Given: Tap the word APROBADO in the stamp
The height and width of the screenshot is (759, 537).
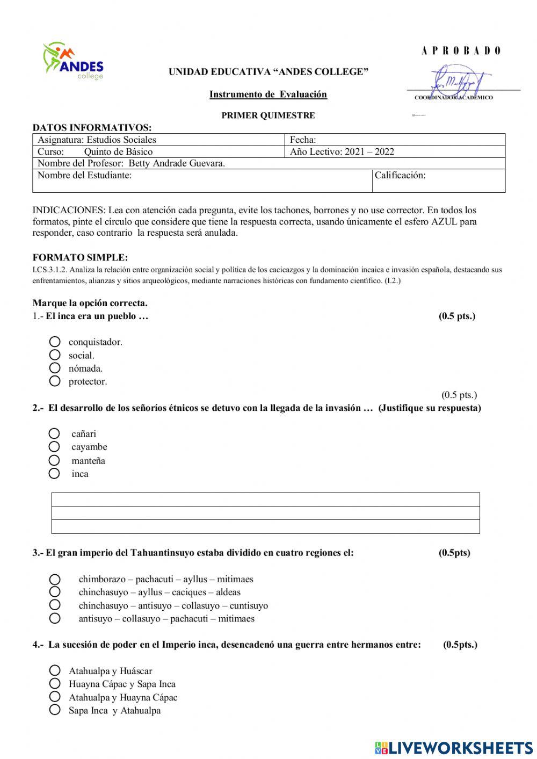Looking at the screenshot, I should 461,51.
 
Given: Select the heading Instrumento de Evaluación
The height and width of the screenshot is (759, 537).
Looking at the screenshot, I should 268,95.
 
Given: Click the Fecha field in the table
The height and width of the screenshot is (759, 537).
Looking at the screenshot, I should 395,140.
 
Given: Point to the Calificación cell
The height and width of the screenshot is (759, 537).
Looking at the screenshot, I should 438,180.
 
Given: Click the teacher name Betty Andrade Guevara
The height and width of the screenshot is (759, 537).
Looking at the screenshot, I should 177,163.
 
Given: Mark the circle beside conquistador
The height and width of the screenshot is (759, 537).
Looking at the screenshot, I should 55,342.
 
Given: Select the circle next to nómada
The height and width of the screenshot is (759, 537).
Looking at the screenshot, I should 55,368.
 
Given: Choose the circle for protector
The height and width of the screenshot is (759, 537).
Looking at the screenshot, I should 55,381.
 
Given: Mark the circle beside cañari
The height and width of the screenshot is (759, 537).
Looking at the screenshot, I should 54,433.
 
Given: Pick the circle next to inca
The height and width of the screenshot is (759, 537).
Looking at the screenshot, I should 54,473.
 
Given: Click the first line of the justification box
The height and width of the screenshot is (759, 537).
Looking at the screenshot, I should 265,500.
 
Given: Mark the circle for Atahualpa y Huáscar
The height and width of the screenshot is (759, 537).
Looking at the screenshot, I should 55,670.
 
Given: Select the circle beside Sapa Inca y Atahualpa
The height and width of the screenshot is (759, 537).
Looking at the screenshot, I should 55,710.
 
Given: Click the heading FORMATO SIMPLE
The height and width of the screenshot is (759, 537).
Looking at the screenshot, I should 80,257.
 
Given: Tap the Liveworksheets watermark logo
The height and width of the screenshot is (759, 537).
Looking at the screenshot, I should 454,747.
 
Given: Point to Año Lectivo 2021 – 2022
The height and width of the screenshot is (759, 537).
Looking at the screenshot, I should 342,151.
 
